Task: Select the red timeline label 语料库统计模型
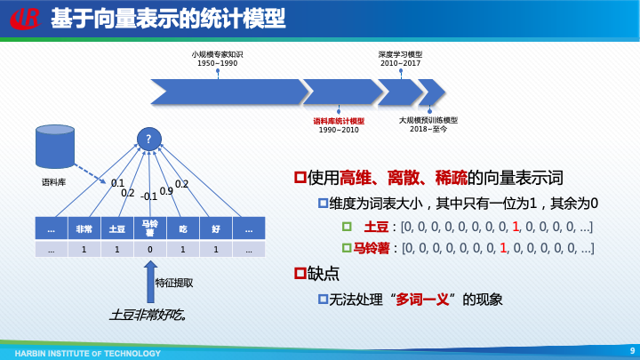339,121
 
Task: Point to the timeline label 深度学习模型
400,54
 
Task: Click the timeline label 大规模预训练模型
428,120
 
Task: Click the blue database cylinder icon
54,147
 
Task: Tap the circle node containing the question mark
148,139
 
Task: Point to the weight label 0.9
166,191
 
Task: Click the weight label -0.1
148,196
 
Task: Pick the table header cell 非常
84,228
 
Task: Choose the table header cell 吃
183,228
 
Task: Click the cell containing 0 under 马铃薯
149,250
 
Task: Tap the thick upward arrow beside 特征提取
150,281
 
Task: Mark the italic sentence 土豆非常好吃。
148,315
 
